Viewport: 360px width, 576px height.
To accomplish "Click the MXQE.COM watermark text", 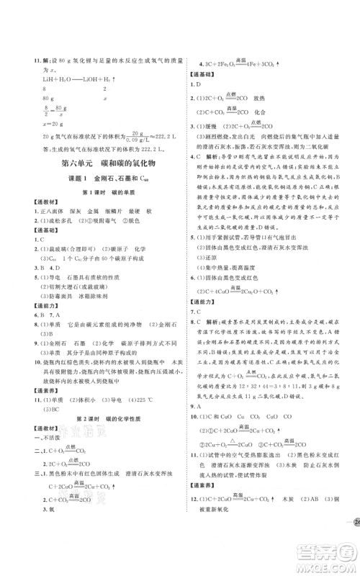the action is (x=327, y=561).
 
